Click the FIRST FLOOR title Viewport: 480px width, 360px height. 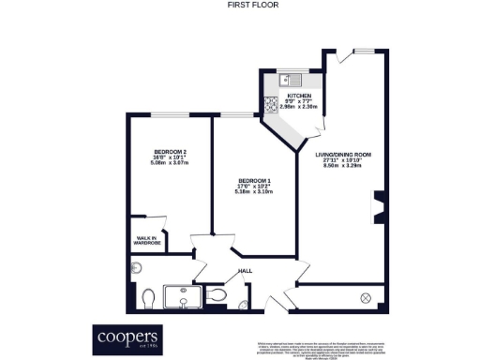click(239, 5)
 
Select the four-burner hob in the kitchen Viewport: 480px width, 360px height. click(271, 105)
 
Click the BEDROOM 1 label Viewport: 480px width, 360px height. click(254, 180)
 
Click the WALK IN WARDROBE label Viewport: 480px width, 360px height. click(148, 241)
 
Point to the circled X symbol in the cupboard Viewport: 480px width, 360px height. click(366, 297)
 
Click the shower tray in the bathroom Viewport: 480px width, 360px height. click(182, 298)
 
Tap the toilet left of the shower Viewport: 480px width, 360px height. click(147, 298)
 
